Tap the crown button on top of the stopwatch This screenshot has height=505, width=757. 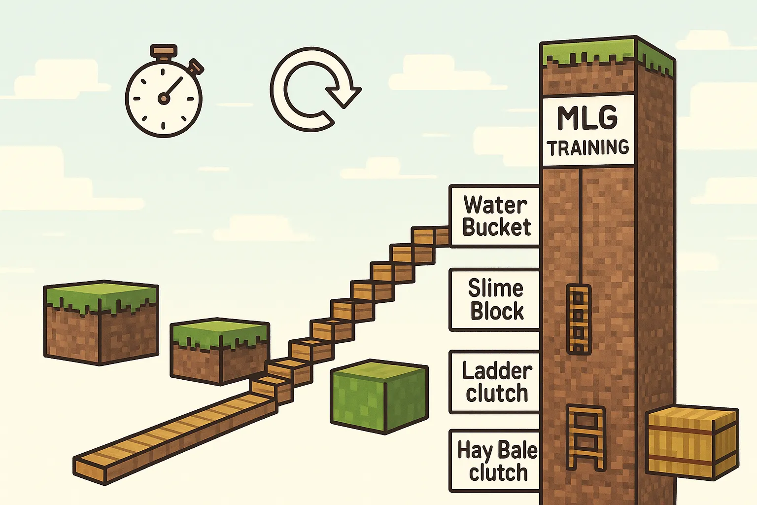(x=164, y=51)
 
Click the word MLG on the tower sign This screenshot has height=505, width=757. (x=587, y=118)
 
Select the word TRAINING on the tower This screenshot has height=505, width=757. (x=588, y=148)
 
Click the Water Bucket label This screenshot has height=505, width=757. (x=495, y=216)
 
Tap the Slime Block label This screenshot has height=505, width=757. (x=495, y=300)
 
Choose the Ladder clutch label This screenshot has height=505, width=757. (x=495, y=382)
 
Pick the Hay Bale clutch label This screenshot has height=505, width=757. (x=495, y=461)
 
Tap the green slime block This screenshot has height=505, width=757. (x=379, y=397)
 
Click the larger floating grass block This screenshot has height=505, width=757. (x=101, y=323)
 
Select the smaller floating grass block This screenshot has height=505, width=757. (x=220, y=352)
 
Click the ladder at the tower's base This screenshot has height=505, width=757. (x=585, y=438)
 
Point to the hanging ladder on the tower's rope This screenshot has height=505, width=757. (x=579, y=319)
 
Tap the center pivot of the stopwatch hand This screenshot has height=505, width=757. (x=164, y=99)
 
